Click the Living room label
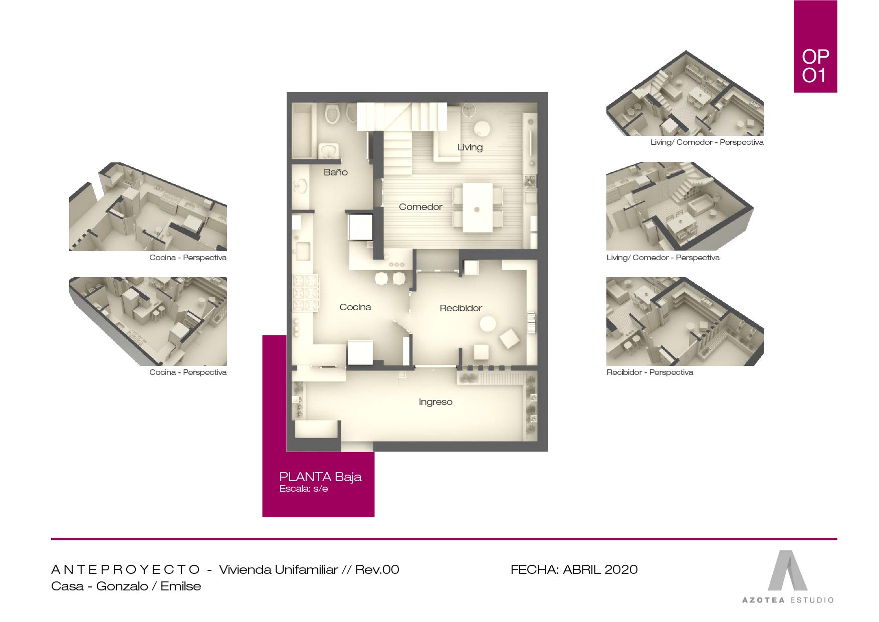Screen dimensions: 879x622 coord(470,147)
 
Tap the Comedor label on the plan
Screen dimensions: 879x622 coord(420,207)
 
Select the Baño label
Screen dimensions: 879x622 coord(335,172)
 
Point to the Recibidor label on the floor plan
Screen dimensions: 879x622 coord(461,308)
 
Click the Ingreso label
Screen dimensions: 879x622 coord(435,402)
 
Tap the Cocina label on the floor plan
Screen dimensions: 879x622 coord(355,307)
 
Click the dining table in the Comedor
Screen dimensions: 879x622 coord(477,208)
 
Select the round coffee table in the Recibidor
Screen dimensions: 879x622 coord(488,324)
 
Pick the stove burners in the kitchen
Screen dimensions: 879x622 coord(305,293)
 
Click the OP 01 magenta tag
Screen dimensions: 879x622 coord(815,47)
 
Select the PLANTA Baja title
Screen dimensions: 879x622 coord(320,477)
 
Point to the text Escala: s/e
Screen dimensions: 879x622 coord(304,489)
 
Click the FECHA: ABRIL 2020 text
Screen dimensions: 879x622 coord(574,569)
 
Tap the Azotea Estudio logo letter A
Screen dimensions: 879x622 coord(787,571)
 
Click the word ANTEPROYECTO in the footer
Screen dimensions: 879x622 coord(125,569)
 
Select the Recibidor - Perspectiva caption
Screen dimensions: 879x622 coord(649,372)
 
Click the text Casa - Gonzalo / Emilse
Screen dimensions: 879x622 coord(126,586)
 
